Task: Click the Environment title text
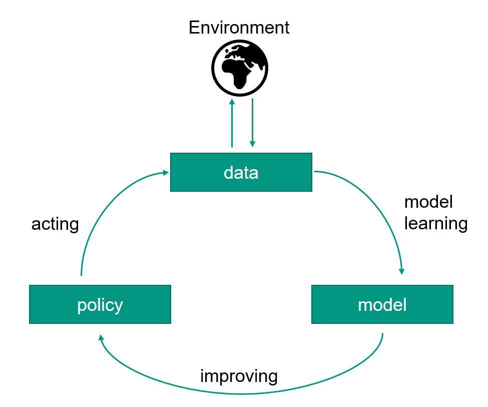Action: pyautogui.click(x=239, y=27)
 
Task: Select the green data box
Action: pyautogui.click(x=241, y=172)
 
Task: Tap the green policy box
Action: pyautogui.click(x=100, y=304)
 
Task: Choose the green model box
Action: pyautogui.click(x=382, y=304)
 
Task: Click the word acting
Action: pyautogui.click(x=55, y=224)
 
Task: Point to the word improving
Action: pyautogui.click(x=239, y=375)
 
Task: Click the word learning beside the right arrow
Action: pyautogui.click(x=435, y=223)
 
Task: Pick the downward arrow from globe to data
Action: pyautogui.click(x=252, y=123)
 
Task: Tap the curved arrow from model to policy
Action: pyautogui.click(x=240, y=393)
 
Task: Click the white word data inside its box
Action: pyautogui.click(x=241, y=173)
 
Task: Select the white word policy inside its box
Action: pyautogui.click(x=100, y=305)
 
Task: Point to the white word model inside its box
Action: pyautogui.click(x=382, y=304)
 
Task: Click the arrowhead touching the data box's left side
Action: pyautogui.click(x=166, y=173)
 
